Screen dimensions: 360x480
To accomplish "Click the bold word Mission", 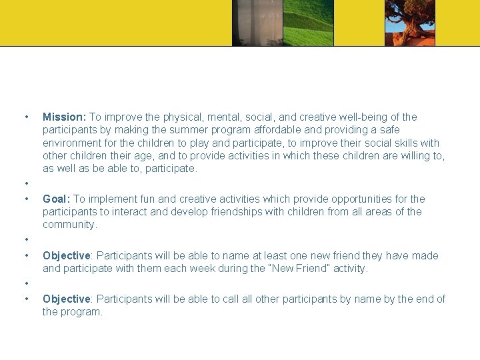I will (x=63, y=117).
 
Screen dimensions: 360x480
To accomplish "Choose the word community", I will (x=69, y=225).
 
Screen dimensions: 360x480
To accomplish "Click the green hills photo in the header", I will (x=308, y=23).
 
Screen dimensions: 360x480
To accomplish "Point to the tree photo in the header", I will (x=410, y=23).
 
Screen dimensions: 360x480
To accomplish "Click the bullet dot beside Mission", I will (x=26, y=117).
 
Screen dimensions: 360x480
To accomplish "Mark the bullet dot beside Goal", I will (x=26, y=199).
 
